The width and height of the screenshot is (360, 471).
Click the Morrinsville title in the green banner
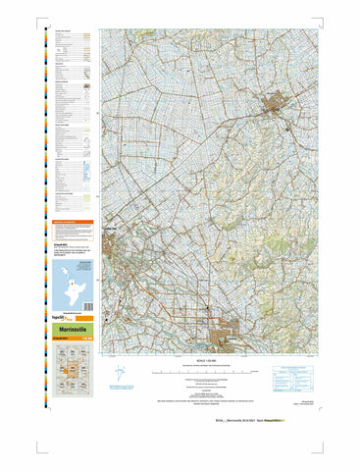click(x=66, y=330)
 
